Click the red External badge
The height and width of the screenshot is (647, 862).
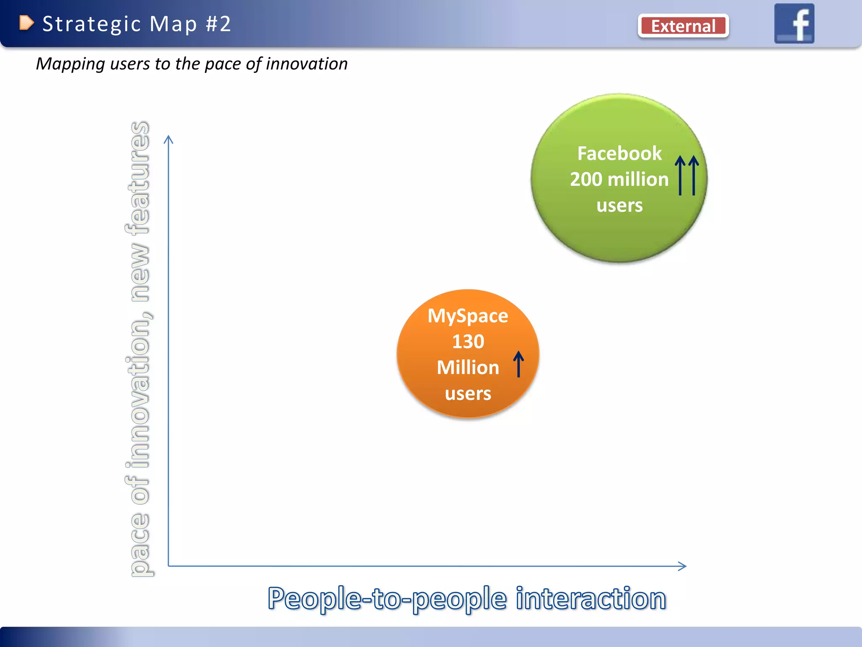coord(683,26)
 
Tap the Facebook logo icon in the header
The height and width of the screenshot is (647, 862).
coord(794,24)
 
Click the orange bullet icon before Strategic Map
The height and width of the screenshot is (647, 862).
coord(26,23)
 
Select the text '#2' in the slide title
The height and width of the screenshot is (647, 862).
coord(218,24)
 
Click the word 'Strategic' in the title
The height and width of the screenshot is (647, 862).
coord(91,24)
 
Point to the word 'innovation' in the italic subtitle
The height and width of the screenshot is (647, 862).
coord(306,64)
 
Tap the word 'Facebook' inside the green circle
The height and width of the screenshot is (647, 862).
coord(619,153)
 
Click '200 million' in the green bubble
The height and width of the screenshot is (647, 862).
coord(619,179)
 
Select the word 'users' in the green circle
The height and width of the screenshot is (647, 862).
coord(619,206)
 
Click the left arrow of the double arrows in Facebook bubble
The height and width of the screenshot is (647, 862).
coord(680,175)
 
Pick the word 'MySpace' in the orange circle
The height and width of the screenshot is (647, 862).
coord(468,316)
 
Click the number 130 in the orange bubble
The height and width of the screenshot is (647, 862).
coord(468,342)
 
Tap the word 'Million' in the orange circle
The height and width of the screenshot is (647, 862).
coord(468,368)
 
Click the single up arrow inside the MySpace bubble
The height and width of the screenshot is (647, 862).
coord(519,364)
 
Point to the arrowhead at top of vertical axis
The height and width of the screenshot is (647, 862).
coord(168,139)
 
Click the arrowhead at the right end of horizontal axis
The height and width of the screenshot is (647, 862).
coord(683,566)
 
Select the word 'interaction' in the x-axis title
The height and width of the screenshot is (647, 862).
coord(591,599)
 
